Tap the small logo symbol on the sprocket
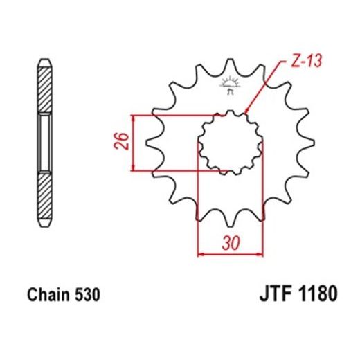228,87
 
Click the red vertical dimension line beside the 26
133,143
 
